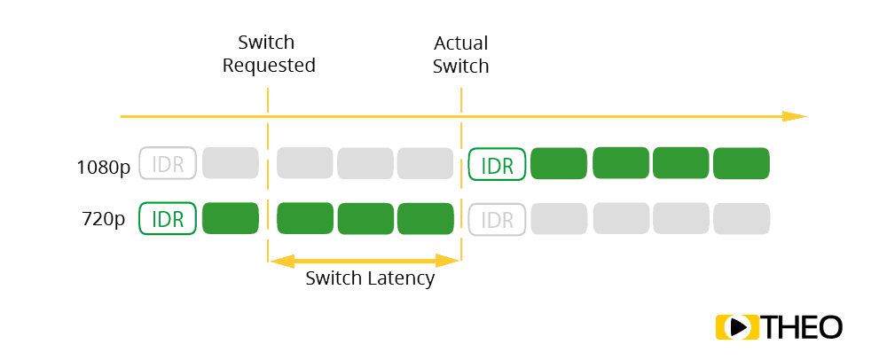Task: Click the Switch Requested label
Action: point(268,54)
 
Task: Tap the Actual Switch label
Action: point(460,54)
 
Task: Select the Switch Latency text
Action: point(370,278)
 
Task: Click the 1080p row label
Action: point(105,165)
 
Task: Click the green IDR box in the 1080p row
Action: point(497,164)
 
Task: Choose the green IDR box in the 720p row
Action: point(168,219)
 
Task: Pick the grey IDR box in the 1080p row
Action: point(168,164)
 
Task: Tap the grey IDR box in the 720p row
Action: point(497,219)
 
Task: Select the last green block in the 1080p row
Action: point(741,164)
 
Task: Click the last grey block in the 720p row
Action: point(741,219)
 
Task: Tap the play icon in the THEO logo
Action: point(736,326)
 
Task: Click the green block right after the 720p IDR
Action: point(231,219)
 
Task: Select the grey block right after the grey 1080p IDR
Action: point(231,164)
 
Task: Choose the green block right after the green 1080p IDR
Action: point(559,164)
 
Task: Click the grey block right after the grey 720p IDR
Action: point(559,219)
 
